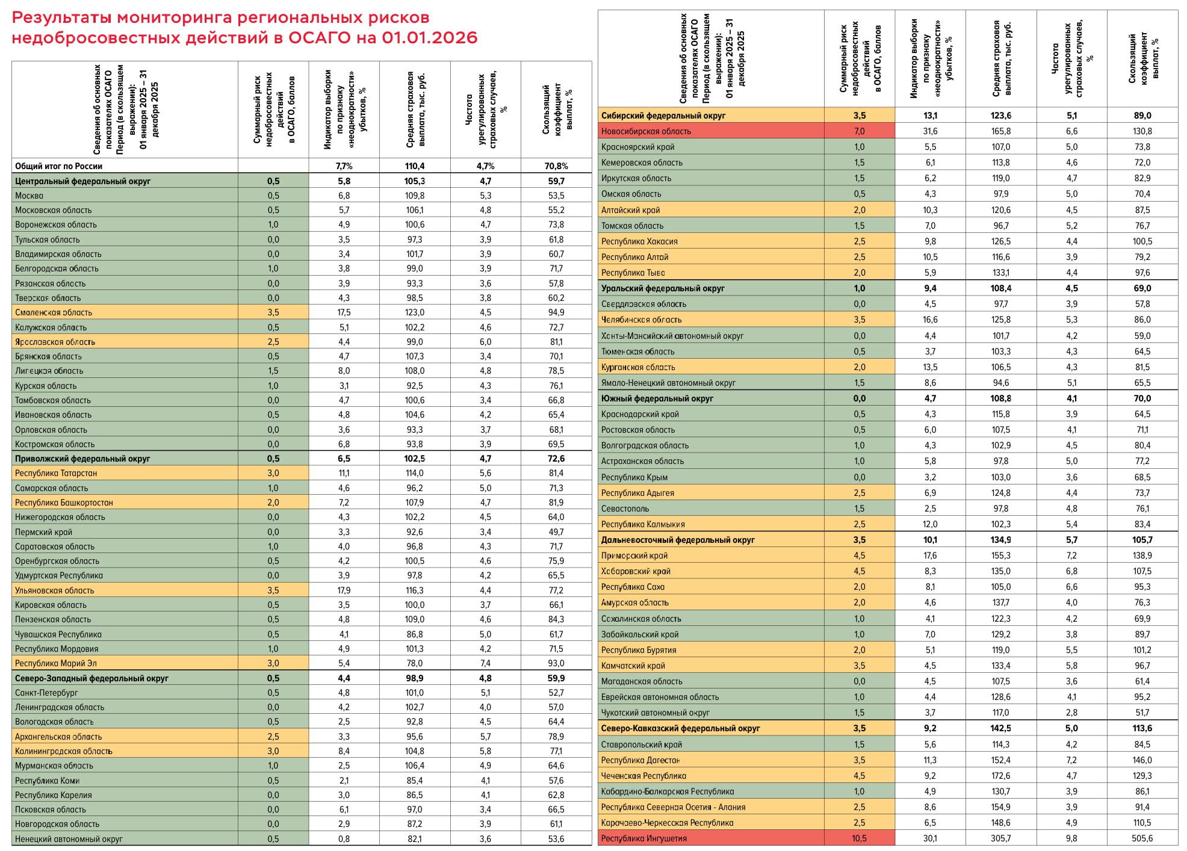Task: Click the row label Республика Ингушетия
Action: [643, 838]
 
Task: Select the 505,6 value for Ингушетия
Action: [1142, 838]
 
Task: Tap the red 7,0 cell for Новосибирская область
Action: [859, 131]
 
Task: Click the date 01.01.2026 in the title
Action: [429, 37]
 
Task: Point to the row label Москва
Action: [29, 196]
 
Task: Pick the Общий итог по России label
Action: [58, 166]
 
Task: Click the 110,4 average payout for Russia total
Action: [414, 166]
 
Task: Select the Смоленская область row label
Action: [54, 312]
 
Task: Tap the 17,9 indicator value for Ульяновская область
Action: [344, 590]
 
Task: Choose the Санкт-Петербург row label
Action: [46, 693]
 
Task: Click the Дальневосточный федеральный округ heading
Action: [678, 540]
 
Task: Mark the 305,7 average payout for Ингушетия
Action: [1001, 838]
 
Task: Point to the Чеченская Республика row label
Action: [643, 776]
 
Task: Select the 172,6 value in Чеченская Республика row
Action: [1001, 776]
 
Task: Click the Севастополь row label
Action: [625, 509]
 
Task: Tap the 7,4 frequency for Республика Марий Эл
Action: [485, 663]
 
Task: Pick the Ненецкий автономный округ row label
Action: [69, 839]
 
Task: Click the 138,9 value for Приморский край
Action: [1142, 555]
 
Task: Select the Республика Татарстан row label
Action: [56, 473]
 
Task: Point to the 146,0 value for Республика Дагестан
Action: [1142, 760]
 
